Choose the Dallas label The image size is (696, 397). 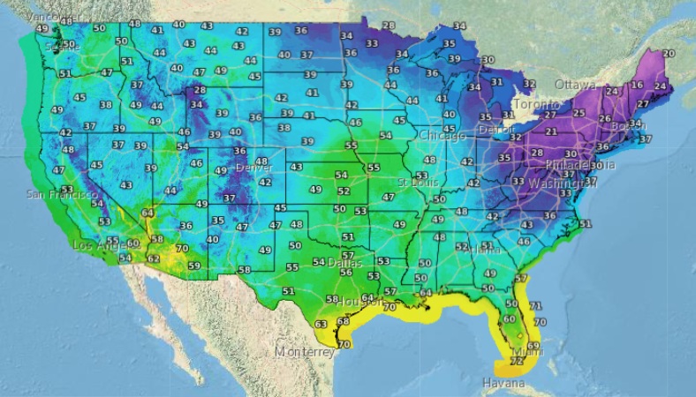(345, 263)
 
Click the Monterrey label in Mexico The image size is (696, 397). (304, 351)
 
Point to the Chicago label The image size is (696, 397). (442, 136)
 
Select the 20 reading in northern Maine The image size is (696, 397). (668, 54)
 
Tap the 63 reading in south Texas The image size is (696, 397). (322, 325)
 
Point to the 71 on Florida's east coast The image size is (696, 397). (533, 305)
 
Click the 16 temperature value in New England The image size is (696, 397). (638, 86)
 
